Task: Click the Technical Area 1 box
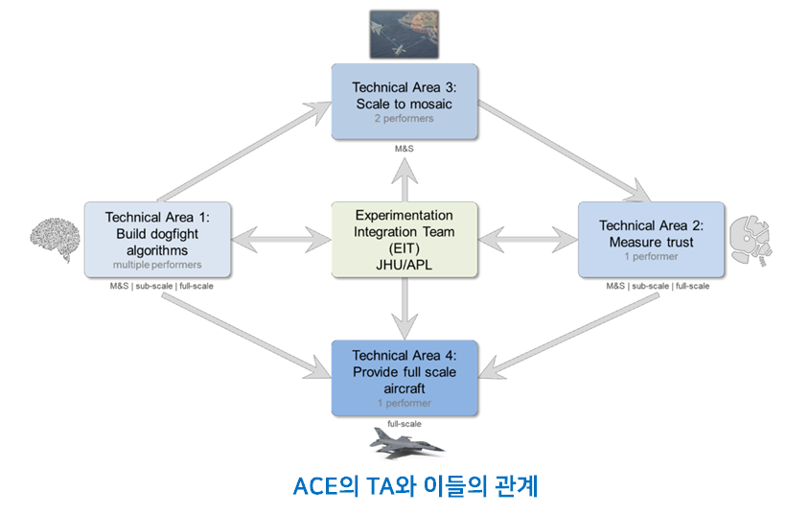pos(157,238)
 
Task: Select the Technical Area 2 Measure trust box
pos(651,238)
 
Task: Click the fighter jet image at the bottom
pos(406,440)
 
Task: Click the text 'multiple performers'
pos(157,265)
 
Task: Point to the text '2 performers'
pos(404,119)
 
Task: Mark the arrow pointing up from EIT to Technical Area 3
pos(404,176)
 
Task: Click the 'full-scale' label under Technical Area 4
pos(404,423)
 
